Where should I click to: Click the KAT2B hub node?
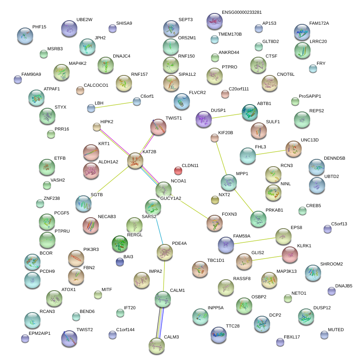pos(135,161)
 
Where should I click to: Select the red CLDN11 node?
pos(178,170)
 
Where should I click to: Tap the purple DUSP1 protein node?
pos(203,119)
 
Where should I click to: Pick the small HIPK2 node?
pos(96,127)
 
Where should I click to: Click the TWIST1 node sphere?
pos(158,127)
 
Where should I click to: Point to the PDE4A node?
pos(165,252)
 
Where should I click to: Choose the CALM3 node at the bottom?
pos(157,345)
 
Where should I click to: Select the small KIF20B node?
pos(215,138)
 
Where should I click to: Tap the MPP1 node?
pos(228,182)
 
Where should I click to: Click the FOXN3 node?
pos(215,223)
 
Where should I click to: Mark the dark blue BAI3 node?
pos(120,262)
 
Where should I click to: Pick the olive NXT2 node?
pos(215,199)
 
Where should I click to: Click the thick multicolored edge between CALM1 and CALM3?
pos(160,322)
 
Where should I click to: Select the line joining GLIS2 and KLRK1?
pos(267,258)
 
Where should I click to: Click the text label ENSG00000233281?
pos(242,13)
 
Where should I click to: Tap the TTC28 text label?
pos(233,326)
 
